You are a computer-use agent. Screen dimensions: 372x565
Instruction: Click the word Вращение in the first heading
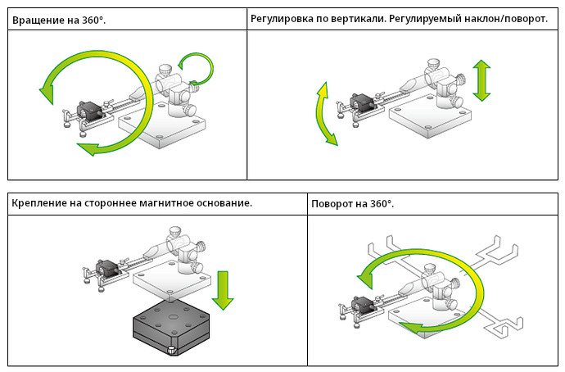38,19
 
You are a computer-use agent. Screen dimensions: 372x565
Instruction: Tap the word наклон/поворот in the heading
505,18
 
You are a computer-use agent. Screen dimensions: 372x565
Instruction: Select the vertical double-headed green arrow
481,79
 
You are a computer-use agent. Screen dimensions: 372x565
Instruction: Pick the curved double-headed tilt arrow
326,113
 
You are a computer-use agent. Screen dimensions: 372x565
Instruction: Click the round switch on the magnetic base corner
170,352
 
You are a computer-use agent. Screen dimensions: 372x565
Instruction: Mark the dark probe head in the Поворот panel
363,305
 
